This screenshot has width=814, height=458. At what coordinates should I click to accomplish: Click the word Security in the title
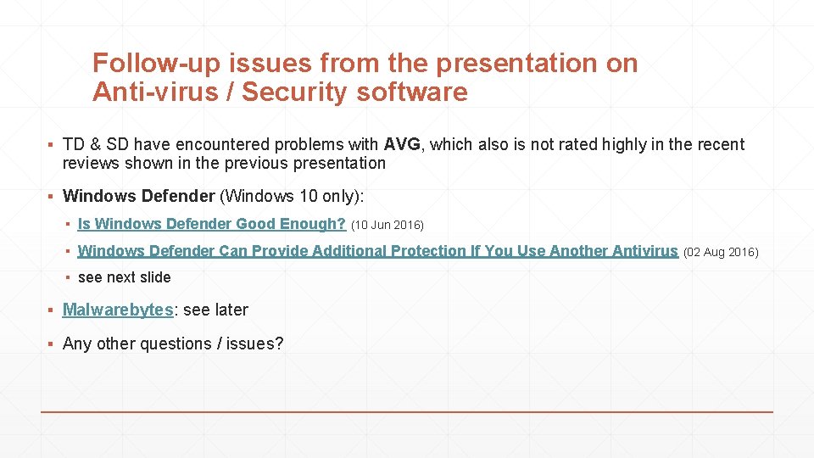pos(295,92)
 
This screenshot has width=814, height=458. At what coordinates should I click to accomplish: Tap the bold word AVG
pos(402,144)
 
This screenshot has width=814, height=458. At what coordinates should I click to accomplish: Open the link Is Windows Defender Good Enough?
pos(212,224)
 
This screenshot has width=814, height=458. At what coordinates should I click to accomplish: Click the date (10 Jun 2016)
pos(387,225)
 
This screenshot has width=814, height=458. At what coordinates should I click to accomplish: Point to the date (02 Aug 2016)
pos(721,252)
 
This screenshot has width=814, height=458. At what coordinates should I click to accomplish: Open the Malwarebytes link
pos(118,310)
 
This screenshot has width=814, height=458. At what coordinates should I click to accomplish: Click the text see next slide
pos(124,277)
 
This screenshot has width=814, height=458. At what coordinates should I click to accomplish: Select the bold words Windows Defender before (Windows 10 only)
pos(138,196)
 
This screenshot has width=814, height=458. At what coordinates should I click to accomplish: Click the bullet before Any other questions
pos(50,343)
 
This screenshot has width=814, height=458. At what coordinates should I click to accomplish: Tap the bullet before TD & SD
pos(50,144)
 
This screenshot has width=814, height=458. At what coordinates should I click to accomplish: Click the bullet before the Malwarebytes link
pos(50,310)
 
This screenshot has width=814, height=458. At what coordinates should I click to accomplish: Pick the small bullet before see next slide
pos(68,278)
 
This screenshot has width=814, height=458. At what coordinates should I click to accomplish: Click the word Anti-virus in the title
pos(155,92)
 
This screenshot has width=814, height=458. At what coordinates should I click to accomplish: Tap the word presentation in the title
pos(516,64)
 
